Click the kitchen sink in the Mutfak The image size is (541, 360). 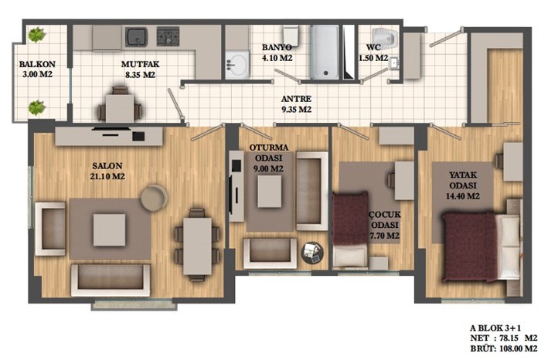click(x=136, y=36)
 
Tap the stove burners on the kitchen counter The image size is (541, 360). click(x=168, y=36)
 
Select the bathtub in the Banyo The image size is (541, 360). click(x=325, y=53)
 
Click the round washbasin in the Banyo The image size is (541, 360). click(x=237, y=64)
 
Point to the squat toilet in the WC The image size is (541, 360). click(x=385, y=36)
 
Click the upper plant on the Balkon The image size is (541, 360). click(x=36, y=35)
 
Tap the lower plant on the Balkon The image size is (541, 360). click(x=36, y=107)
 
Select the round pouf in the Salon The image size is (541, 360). click(x=154, y=198)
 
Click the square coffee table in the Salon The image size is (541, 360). click(x=110, y=229)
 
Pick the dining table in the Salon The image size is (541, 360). click(x=197, y=246)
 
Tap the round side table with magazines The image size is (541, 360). click(x=312, y=253)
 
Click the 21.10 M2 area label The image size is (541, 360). click(x=107, y=177)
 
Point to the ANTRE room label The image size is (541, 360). click(x=296, y=99)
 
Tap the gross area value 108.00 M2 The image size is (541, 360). click(x=519, y=348)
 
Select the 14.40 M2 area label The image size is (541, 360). click(x=463, y=196)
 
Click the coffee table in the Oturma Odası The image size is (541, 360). click(x=270, y=192)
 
